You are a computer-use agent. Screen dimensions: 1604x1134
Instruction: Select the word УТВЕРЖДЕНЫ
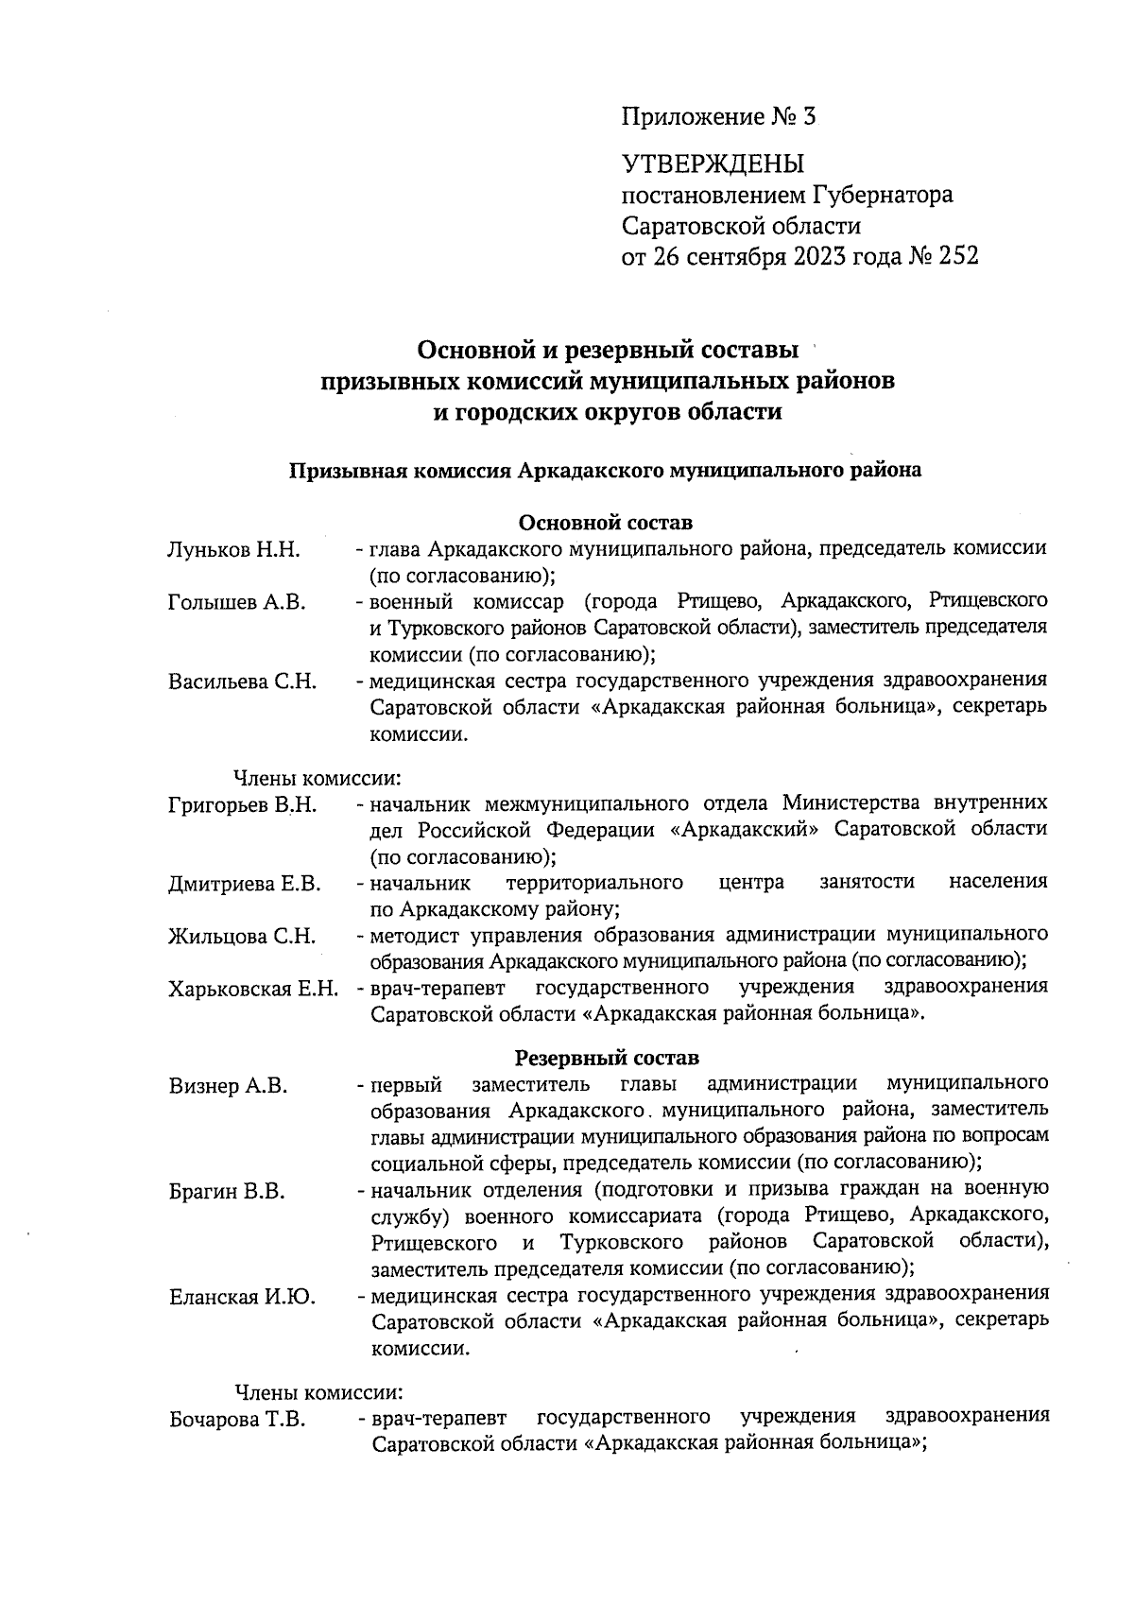[x=712, y=164]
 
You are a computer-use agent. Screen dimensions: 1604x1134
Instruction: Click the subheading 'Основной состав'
[x=606, y=522]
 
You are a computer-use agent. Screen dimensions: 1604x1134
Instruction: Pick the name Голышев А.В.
[x=236, y=602]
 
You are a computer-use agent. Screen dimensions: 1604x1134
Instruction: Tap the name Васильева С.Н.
[x=242, y=681]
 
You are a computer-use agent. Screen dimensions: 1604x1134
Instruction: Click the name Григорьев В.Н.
[x=242, y=805]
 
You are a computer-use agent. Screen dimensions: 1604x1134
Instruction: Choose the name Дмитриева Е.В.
[x=245, y=885]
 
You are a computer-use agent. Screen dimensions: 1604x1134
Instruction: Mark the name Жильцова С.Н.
[x=241, y=937]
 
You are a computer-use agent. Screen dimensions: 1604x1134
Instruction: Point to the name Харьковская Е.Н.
[x=253, y=990]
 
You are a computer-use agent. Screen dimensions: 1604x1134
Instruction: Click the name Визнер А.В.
[x=228, y=1086]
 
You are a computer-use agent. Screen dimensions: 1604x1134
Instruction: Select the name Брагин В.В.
[x=227, y=1192]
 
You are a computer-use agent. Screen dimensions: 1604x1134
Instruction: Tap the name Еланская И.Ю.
[x=242, y=1297]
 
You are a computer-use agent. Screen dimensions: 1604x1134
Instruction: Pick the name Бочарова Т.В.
[x=236, y=1420]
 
